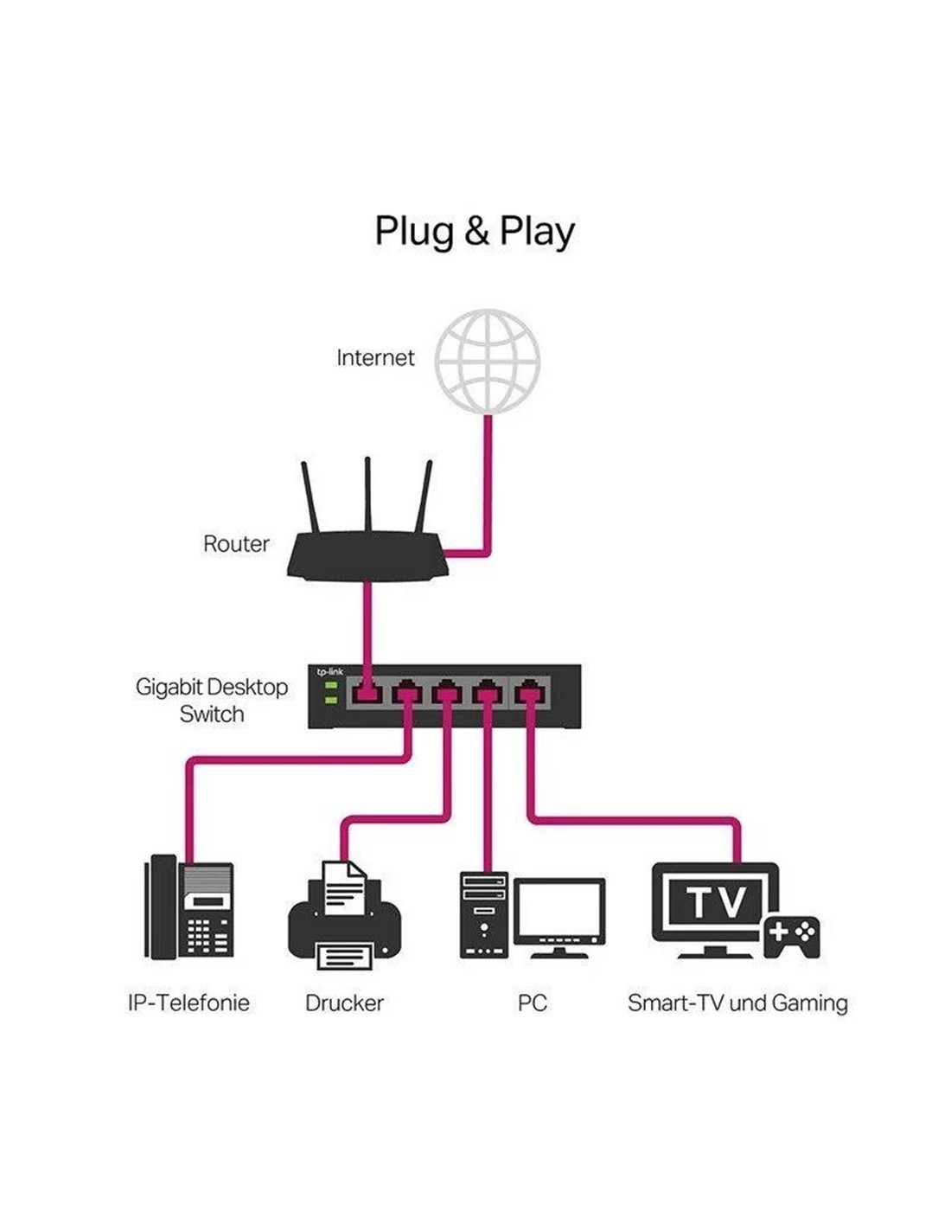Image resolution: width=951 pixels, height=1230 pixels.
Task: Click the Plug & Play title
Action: [x=474, y=232]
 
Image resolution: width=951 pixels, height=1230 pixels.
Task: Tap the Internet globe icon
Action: [x=488, y=360]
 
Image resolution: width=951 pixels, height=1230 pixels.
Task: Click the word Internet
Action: [x=375, y=358]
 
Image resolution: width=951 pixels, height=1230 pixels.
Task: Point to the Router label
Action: [x=236, y=544]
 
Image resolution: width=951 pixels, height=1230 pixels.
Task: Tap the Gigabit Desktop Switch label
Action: [x=212, y=701]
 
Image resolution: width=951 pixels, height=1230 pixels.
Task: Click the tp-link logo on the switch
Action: [x=329, y=672]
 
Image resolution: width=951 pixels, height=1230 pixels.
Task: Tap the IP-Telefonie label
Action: [x=188, y=1003]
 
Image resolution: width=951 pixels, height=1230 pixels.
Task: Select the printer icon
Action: [x=344, y=917]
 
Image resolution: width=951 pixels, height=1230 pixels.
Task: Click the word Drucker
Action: [x=344, y=1003]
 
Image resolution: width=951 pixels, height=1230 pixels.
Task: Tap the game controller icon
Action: [x=791, y=936]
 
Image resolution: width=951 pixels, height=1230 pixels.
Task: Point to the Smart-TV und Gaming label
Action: [x=737, y=1003]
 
